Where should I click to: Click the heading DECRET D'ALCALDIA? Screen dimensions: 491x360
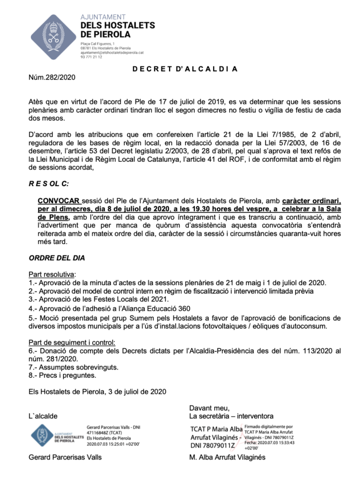[182, 69]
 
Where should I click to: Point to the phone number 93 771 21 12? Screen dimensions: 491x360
[91, 57]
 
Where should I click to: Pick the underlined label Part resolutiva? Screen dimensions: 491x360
[52, 273]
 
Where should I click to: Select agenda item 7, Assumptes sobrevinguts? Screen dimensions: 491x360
[73, 367]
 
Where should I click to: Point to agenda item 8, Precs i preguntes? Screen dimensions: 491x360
[63, 376]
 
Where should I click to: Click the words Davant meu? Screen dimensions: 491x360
[209, 408]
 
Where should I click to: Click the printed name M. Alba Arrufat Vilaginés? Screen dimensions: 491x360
[228, 457]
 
